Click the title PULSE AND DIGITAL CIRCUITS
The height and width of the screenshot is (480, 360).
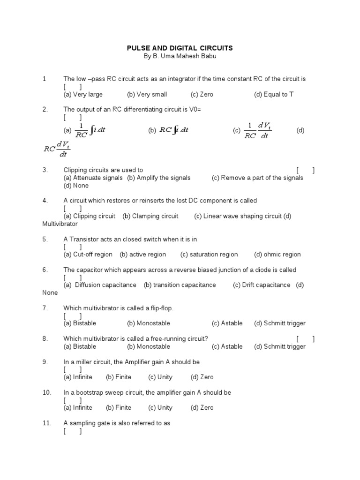point(180,48)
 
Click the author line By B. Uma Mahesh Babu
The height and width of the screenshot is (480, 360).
point(180,56)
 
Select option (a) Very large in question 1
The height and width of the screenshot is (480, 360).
point(83,94)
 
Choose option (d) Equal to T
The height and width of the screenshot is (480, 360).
point(274,94)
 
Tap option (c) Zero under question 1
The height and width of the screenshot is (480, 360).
point(202,94)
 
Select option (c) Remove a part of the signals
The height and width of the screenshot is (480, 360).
point(257,178)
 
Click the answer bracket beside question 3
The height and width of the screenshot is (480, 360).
point(305,170)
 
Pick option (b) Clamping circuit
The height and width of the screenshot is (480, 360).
point(150,216)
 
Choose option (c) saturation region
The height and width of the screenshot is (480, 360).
point(209,255)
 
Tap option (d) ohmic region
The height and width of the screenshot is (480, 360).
point(277,255)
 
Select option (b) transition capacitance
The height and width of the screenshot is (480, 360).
point(180,285)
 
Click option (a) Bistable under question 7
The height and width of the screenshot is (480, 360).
point(80,323)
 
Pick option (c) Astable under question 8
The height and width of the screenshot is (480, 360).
point(227,346)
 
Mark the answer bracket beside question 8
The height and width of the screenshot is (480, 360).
point(305,339)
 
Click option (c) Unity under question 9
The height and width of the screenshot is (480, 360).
point(160,377)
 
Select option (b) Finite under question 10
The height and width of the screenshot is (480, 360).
point(119,407)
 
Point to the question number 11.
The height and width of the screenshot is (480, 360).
point(46,423)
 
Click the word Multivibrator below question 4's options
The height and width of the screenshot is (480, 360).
point(60,224)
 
